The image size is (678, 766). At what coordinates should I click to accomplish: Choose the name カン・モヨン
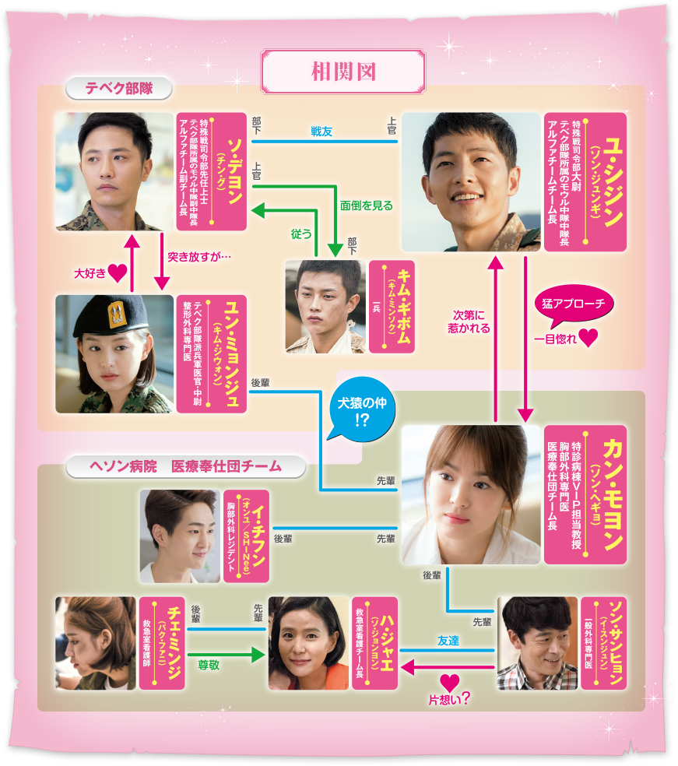613,494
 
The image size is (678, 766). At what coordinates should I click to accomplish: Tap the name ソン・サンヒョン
613,643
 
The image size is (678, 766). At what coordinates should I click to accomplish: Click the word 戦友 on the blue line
321,132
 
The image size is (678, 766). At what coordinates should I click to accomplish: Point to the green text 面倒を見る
366,206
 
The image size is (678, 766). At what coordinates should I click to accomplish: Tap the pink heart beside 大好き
118,273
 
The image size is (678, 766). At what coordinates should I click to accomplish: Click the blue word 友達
448,641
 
